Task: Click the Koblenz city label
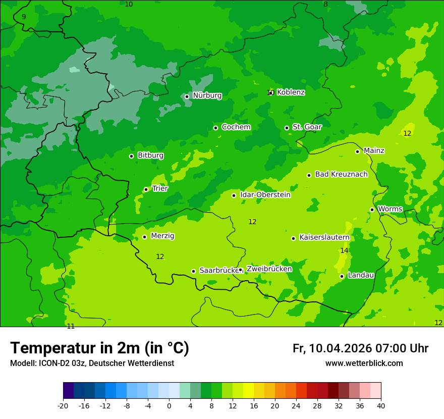(291, 92)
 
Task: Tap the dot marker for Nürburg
(187, 96)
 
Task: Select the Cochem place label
(236, 127)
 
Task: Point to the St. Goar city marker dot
(287, 128)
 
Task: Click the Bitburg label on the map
(150, 155)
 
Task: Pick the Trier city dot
(146, 189)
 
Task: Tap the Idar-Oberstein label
(265, 195)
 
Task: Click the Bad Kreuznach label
(341, 174)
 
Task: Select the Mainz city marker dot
(357, 151)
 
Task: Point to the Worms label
(390, 209)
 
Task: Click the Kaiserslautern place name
(324, 237)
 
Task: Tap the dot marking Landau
(342, 276)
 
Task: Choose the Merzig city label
(162, 236)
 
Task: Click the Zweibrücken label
(269, 269)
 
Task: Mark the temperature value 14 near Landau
(344, 251)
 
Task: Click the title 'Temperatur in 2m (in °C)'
(99, 348)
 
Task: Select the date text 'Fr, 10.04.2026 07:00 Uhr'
(360, 348)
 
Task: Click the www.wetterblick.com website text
(364, 363)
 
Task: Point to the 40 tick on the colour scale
(381, 406)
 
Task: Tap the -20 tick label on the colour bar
(63, 406)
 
